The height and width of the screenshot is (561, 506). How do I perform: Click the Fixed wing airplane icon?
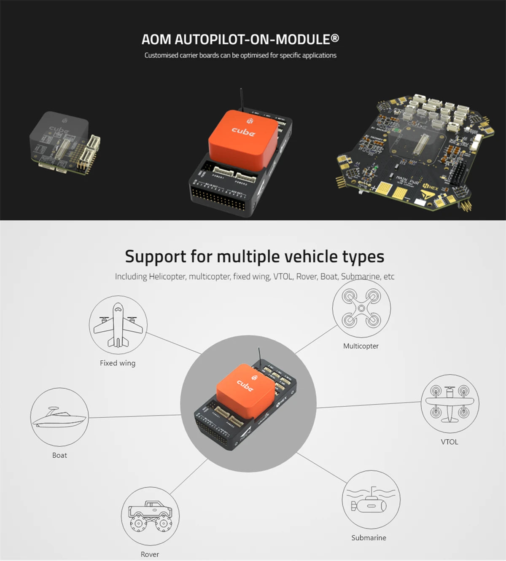click(118, 325)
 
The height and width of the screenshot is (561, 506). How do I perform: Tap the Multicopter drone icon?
click(361, 309)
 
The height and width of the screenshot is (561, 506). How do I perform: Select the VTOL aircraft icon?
click(449, 403)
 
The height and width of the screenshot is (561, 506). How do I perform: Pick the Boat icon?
click(59, 417)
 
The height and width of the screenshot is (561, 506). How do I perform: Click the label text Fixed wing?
click(118, 363)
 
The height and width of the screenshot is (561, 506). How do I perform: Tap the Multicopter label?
click(361, 346)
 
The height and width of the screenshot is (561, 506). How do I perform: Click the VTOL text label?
click(449, 442)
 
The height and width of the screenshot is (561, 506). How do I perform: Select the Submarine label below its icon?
click(369, 537)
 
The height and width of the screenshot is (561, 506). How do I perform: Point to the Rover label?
click(150, 554)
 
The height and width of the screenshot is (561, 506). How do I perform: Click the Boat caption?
click(59, 455)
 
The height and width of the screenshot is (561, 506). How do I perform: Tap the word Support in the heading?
click(155, 256)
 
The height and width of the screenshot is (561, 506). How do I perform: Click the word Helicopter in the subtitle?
click(167, 276)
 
